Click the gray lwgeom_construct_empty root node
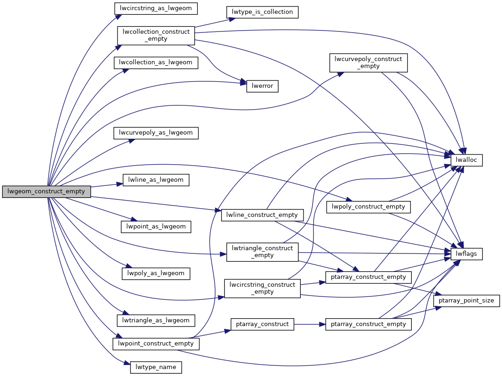coord(46,191)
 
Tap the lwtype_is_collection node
coord(261,12)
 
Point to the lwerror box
coord(262,86)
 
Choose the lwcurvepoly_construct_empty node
coord(368,62)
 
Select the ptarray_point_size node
coord(466,301)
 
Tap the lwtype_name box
coord(156,368)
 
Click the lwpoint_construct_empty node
coord(156,344)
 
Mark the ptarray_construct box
coord(262,324)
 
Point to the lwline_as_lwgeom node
coord(156,180)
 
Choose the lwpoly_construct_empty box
coord(368,207)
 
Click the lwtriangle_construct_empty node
coord(262,252)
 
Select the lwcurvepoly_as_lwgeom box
coord(156,133)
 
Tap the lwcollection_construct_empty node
coord(156,36)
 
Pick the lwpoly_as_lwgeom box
coord(156,273)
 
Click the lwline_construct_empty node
coord(262,215)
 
